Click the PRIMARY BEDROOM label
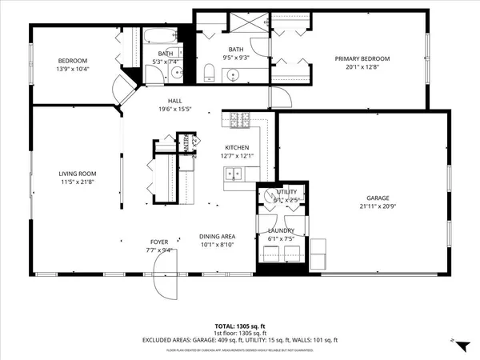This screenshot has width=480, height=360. [356, 58]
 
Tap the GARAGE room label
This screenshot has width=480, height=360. [377, 198]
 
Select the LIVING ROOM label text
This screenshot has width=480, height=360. [77, 174]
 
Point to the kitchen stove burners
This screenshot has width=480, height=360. [238, 122]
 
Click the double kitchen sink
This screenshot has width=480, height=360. [234, 173]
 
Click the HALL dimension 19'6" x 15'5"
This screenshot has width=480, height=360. [174, 109]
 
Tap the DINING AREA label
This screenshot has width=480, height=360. [216, 236]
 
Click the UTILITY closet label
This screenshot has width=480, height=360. [287, 192]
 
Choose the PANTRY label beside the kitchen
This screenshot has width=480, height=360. [186, 144]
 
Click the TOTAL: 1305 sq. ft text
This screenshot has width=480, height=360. [239, 327]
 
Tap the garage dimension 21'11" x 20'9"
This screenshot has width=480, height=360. [377, 206]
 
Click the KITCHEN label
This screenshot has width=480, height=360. [237, 147]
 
